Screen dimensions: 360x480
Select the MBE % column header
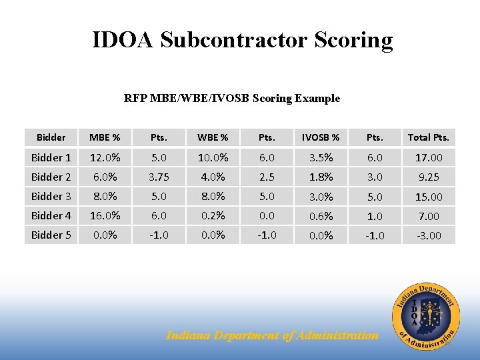click(105, 137)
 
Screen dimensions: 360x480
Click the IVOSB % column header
click(321, 137)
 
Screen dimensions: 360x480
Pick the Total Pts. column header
click(429, 137)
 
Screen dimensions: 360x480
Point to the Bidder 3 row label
click(51, 196)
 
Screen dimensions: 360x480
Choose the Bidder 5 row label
click(51, 235)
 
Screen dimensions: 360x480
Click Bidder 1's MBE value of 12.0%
click(105, 157)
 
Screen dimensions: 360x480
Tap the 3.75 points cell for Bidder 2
click(159, 177)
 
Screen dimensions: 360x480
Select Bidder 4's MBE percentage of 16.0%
click(105, 215)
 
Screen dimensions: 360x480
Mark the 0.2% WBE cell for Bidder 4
click(213, 215)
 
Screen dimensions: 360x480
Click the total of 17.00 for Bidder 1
click(429, 158)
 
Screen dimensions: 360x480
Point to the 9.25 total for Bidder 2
click(429, 177)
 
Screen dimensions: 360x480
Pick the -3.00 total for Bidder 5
click(429, 235)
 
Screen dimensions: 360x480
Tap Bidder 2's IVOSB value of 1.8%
click(321, 177)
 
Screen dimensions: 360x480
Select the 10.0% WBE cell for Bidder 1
click(213, 157)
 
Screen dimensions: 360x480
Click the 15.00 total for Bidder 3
click(429, 197)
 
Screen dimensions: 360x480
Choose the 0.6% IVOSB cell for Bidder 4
click(321, 216)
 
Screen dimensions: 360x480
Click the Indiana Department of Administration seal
click(425, 315)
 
